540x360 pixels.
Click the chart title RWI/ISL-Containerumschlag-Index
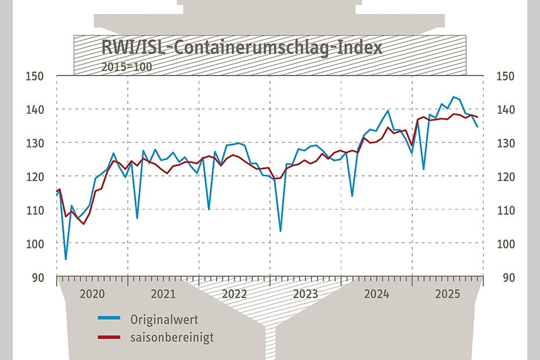(x=242, y=47)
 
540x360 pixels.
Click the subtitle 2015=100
(x=127, y=66)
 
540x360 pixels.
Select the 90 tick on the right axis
(x=507, y=278)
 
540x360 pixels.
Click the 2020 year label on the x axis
(x=92, y=294)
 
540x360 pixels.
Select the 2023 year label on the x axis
(x=305, y=294)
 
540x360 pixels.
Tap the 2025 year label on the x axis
(x=448, y=294)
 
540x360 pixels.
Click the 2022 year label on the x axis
(x=235, y=294)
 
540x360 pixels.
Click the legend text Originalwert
(x=164, y=319)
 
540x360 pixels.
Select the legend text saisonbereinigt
(x=172, y=337)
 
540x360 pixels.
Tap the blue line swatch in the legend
(x=109, y=319)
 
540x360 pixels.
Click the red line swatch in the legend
(x=109, y=337)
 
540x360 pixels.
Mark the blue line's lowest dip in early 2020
(x=66, y=259)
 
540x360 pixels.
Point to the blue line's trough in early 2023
(x=280, y=231)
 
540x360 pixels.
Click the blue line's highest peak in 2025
(x=453, y=97)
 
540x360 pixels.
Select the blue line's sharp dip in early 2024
(x=352, y=196)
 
